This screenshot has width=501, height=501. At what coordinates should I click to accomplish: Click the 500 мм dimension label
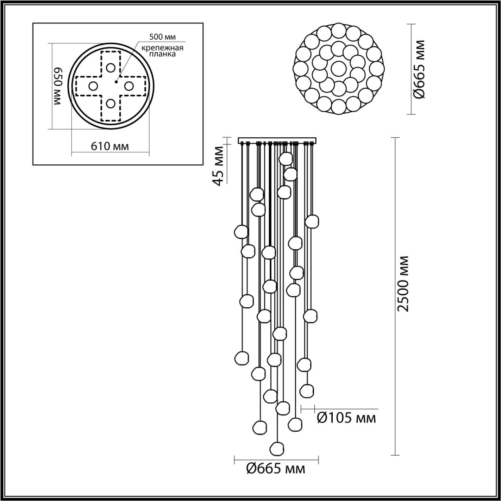(162, 37)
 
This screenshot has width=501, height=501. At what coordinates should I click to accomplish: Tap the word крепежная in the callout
(162, 48)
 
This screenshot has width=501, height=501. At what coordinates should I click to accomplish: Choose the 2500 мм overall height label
(403, 283)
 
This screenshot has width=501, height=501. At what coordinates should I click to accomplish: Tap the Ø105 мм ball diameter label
(346, 418)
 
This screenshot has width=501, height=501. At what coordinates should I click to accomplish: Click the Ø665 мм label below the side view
(276, 469)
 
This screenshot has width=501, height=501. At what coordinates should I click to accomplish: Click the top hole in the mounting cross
(111, 67)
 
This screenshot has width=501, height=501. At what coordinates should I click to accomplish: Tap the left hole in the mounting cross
(93, 86)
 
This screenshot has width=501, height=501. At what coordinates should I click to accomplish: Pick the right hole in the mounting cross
(129, 86)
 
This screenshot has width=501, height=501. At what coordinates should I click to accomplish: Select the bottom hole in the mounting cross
(111, 103)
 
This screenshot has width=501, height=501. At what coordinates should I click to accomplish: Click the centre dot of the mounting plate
(116, 82)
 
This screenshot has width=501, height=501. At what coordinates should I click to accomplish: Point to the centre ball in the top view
(338, 68)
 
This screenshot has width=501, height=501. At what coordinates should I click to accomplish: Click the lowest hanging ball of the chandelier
(277, 447)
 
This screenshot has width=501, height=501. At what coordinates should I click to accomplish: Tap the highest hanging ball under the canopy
(286, 159)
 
